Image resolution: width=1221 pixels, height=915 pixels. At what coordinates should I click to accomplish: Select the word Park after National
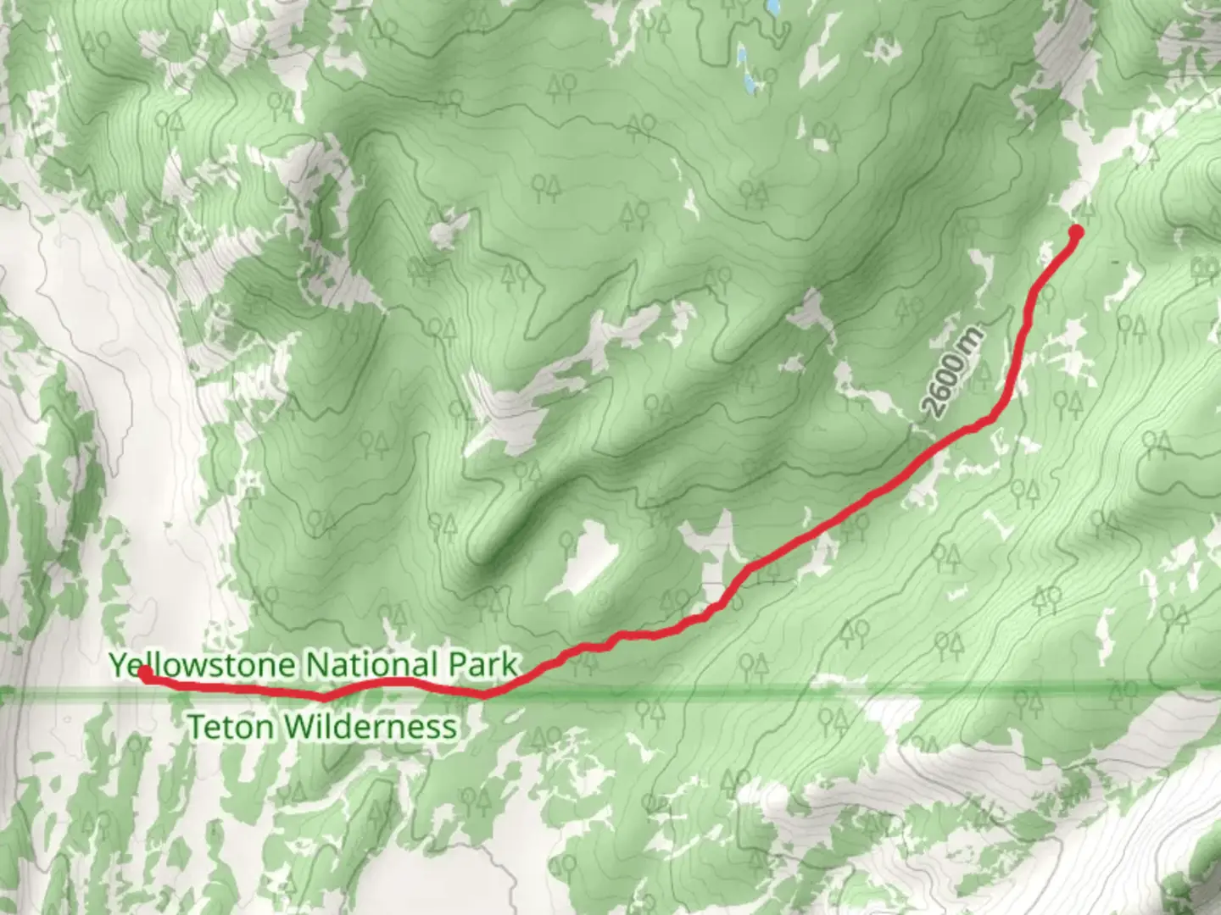click(x=483, y=664)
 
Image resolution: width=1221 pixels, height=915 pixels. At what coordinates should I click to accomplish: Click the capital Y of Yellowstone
click(x=119, y=664)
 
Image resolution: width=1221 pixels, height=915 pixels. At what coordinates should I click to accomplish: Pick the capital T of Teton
click(x=195, y=727)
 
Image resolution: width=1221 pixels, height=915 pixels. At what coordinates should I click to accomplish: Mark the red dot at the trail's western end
click(x=145, y=674)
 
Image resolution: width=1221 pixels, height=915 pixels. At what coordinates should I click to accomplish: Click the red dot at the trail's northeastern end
click(x=1076, y=231)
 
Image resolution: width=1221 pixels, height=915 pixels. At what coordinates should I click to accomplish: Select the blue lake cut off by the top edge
click(x=772, y=8)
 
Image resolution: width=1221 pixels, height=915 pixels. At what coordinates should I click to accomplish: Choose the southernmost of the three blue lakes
click(x=749, y=83)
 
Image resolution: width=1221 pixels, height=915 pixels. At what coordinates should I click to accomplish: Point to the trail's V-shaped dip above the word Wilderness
click(x=324, y=697)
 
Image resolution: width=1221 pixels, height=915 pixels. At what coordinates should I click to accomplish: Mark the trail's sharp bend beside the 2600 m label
click(x=992, y=419)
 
